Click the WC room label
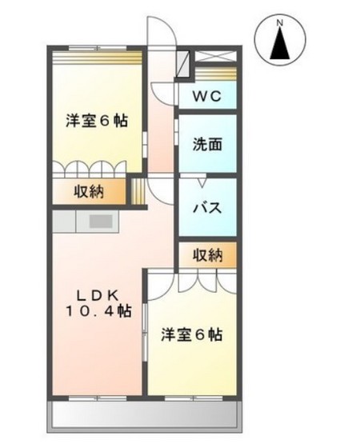[x=207, y=98]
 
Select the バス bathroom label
[x=207, y=206]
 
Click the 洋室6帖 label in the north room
[x=96, y=120]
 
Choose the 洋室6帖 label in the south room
[x=191, y=334]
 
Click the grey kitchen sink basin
[x=101, y=222]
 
